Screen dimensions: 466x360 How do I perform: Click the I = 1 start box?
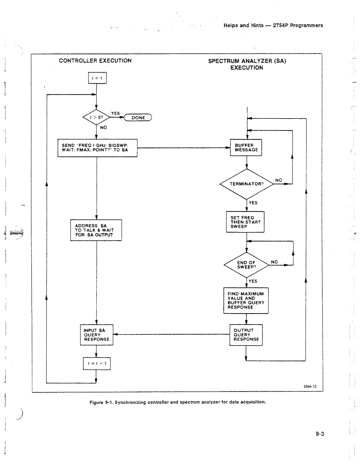tap(97, 78)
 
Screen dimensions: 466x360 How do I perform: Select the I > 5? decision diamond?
tap(96, 117)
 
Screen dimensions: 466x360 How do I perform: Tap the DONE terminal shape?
tap(138, 117)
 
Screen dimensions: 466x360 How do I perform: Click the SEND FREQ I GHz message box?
tap(97, 148)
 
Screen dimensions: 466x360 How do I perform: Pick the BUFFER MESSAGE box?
tap(246, 148)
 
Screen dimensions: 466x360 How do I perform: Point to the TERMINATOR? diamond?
tap(247, 184)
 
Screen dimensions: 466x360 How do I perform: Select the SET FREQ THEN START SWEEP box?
tap(245, 222)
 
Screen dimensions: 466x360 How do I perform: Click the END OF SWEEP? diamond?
tap(246, 265)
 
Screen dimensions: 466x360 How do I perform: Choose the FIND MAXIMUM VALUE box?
tap(246, 300)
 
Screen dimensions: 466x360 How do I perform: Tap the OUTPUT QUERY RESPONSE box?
tap(246, 335)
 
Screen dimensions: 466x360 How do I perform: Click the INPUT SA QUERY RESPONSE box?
tap(96, 335)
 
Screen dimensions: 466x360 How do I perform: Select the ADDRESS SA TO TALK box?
tap(96, 230)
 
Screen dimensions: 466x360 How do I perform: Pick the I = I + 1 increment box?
tap(97, 364)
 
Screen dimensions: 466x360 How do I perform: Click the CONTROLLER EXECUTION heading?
tap(95, 61)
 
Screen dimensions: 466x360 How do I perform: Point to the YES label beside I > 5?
tap(115, 113)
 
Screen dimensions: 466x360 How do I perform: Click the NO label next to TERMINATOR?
tap(279, 180)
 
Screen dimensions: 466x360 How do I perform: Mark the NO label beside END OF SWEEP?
tap(274, 262)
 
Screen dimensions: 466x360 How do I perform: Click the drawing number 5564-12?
tap(310, 387)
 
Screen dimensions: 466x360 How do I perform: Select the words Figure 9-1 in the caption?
tap(102, 402)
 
